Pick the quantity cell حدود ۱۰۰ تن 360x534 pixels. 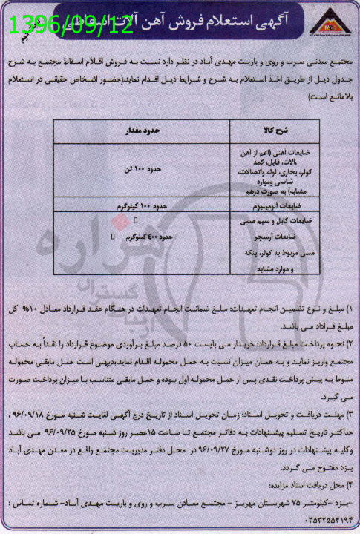tap(160, 170)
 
